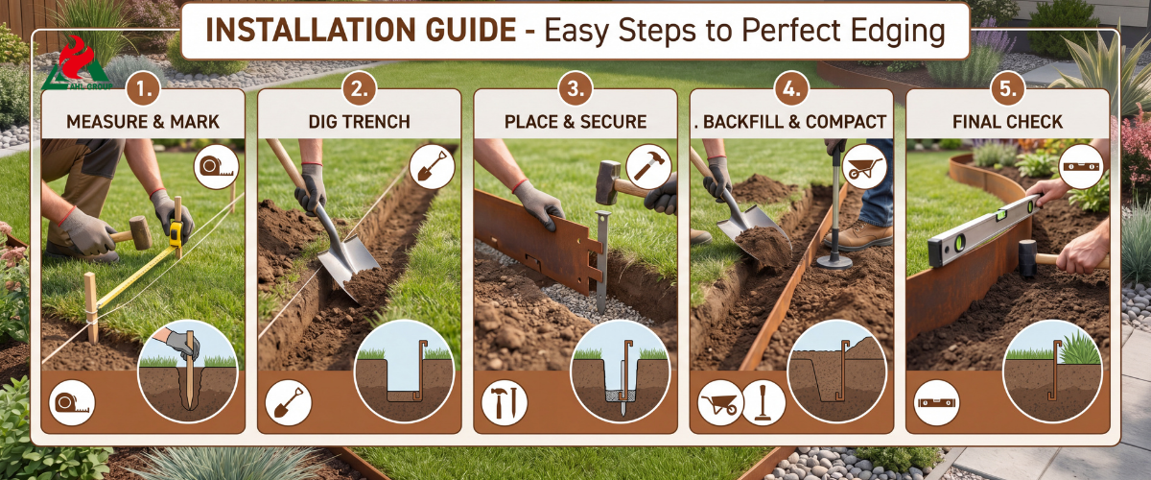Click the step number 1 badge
coord(143,89)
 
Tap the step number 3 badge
coord(575,89)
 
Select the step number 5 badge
coord(1008,89)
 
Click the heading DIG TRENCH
coord(359,122)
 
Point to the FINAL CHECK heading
coord(1007,122)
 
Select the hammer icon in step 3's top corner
coord(648,167)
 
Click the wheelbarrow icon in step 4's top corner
coord(865,167)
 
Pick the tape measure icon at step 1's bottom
coord(72,403)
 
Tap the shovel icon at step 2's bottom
coord(289,403)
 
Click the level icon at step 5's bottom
coord(937,403)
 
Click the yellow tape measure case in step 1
coord(176,233)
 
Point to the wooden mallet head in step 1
coord(140,232)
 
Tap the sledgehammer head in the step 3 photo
coord(608,181)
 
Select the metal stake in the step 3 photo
coord(602,261)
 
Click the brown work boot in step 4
coord(859,236)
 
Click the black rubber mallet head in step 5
coord(1027,259)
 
